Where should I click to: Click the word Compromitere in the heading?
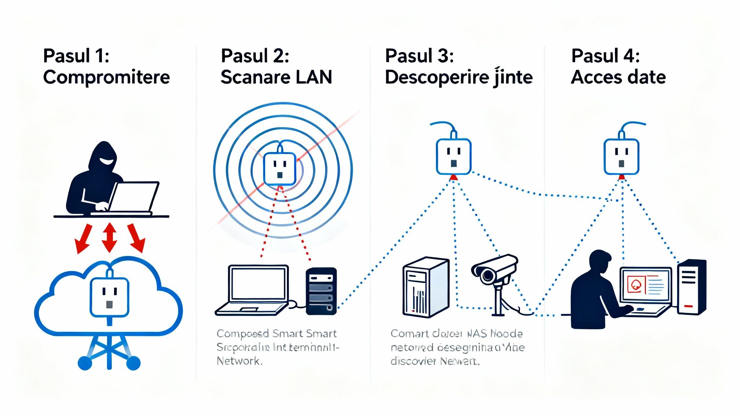[x=106, y=77]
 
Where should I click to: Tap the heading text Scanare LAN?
[x=276, y=77]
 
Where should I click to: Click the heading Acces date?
[x=618, y=77]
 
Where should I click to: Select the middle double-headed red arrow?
[x=109, y=237]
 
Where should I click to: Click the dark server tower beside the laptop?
[x=321, y=291]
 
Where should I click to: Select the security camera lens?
[x=487, y=276]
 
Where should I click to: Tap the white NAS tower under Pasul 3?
[x=426, y=287]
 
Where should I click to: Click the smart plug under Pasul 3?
[x=453, y=156]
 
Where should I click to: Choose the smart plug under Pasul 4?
[x=621, y=156]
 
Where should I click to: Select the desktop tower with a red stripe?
[x=692, y=287]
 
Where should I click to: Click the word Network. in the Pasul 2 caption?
[x=239, y=361]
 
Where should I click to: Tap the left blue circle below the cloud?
[x=85, y=363]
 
